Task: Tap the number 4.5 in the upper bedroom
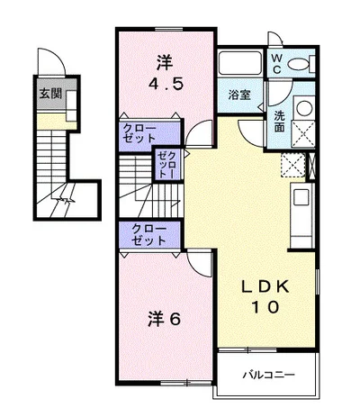pos(165,87)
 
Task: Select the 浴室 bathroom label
pos(239,93)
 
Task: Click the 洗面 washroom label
pos(280,121)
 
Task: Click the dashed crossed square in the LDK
pos(292,165)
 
